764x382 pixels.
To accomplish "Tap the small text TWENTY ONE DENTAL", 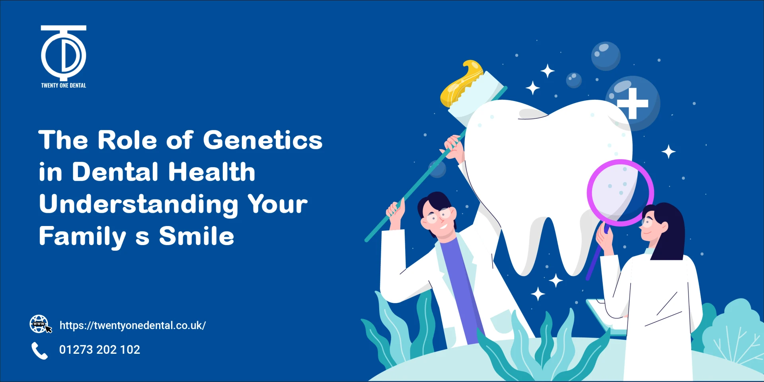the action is (64, 86).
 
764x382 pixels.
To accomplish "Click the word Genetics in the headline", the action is (263, 140).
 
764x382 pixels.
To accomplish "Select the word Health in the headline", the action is (211, 172).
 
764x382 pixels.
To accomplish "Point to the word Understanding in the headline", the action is (138, 204).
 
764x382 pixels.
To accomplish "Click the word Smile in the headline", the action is (197, 236).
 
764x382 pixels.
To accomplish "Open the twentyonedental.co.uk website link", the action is (133, 325).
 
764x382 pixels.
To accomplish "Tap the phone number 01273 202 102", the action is (99, 350).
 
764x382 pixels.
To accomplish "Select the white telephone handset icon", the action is (39, 351).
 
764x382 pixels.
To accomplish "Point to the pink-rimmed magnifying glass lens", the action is (620, 193).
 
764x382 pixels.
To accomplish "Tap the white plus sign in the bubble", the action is (632, 103).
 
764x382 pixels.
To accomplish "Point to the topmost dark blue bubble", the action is (606, 56).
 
